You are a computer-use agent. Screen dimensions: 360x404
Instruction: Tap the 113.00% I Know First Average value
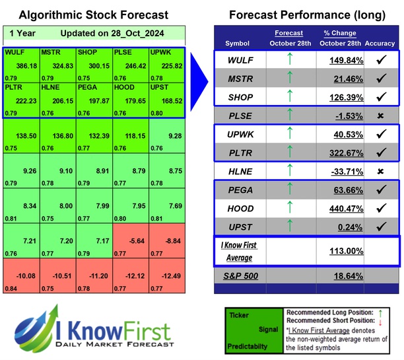coord(339,252)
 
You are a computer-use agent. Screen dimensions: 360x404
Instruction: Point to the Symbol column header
coord(238,43)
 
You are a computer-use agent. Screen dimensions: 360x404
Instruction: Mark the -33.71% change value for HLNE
coord(339,152)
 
